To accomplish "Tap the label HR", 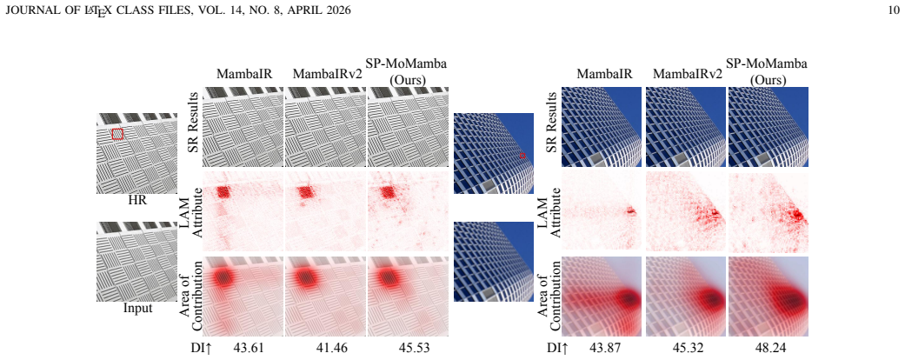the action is pyautogui.click(x=137, y=201).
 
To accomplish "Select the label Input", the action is pyautogui.click(x=137, y=308).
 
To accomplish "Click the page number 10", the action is pyautogui.click(x=894, y=10).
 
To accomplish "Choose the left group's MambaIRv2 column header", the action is pyautogui.click(x=327, y=74).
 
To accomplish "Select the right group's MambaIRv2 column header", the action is pyautogui.click(x=688, y=74).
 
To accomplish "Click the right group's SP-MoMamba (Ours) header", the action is pyautogui.click(x=767, y=72).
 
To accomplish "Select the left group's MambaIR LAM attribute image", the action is pyautogui.click(x=243, y=211).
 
